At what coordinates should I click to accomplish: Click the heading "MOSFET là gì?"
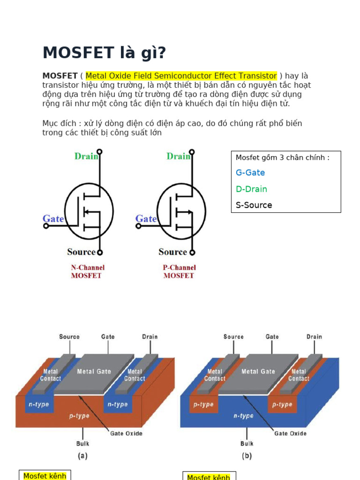104,53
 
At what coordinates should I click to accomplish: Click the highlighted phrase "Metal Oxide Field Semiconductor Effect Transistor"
181,76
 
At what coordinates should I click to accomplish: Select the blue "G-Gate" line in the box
250,172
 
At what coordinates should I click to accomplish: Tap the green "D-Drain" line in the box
251,189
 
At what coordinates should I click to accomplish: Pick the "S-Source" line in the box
254,205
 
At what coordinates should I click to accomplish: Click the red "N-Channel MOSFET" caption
88,271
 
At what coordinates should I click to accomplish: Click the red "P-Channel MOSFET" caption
179,271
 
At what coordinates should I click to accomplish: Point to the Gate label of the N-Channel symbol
53,218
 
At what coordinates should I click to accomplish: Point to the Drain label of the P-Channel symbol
179,156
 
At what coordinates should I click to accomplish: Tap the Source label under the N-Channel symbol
82,252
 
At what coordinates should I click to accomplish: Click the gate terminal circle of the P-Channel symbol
138,226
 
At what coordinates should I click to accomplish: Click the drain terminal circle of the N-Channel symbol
99,151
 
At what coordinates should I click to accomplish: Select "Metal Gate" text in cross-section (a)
94,371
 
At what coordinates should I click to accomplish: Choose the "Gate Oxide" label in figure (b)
290,434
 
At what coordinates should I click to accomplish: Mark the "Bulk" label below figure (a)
82,443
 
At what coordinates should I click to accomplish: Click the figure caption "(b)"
247,456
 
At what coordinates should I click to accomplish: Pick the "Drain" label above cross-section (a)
150,337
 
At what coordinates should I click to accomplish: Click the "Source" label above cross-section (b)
233,337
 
